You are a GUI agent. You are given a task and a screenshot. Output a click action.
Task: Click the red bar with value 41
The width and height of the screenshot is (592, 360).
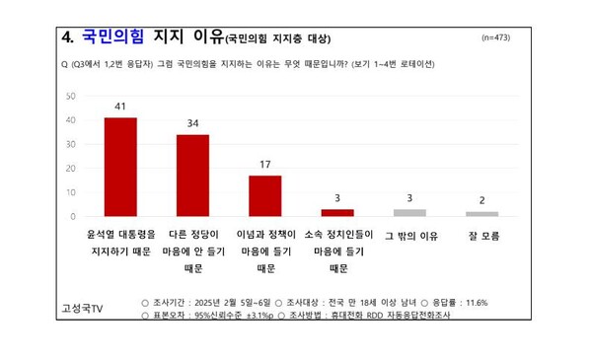tap(120, 167)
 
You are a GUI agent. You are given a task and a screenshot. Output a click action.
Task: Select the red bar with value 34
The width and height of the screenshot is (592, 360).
tap(192, 175)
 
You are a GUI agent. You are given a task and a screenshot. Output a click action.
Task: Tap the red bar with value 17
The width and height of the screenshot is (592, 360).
tap(264, 195)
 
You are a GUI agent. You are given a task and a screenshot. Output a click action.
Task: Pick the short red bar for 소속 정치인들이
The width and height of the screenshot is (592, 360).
tap(336, 212)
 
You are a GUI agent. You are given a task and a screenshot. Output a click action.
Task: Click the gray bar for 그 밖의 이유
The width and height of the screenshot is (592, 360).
tap(409, 212)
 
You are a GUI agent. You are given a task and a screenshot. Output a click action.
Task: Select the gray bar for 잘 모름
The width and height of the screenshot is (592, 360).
tap(481, 213)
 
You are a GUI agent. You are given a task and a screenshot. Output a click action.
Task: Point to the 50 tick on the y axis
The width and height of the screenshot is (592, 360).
tap(70, 97)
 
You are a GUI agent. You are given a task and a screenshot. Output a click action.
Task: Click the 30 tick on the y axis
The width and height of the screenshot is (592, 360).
tap(70, 144)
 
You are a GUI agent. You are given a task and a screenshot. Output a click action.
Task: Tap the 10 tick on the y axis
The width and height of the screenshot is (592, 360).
tap(70, 192)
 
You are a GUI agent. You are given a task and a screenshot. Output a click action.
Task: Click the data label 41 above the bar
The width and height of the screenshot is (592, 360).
tap(120, 106)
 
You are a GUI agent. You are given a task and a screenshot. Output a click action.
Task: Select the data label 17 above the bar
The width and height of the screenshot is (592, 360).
tap(264, 164)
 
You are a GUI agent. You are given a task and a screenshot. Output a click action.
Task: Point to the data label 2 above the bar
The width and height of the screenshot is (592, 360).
tap(481, 200)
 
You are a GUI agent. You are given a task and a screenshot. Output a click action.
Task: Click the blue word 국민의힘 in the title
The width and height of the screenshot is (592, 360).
tap(112, 37)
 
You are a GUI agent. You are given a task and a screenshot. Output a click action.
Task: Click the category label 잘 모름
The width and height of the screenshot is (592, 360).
tap(481, 237)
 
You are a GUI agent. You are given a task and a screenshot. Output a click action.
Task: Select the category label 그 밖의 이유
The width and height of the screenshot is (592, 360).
tap(409, 237)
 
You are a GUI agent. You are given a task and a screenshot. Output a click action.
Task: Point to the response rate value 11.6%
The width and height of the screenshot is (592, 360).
tap(468, 301)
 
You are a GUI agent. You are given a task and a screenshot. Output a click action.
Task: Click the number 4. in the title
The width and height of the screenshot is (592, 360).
tap(69, 37)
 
